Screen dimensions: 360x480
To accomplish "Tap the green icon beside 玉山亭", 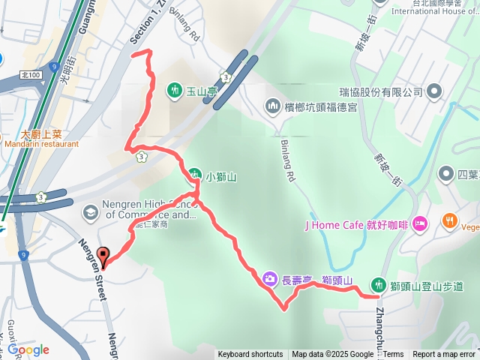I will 175,90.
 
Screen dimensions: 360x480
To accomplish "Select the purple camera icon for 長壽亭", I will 269,280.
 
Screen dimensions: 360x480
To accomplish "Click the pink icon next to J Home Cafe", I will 420,223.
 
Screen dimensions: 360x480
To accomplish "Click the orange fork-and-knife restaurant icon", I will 450,221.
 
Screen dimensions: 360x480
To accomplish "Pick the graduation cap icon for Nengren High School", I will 90,211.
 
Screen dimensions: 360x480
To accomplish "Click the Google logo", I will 28,349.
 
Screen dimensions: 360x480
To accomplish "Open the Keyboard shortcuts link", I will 250,355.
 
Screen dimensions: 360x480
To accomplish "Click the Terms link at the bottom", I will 394,355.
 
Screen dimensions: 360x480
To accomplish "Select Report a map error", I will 444,355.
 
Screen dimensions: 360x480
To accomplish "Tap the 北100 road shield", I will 31,76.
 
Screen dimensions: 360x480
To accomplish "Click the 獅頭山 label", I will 337,280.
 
